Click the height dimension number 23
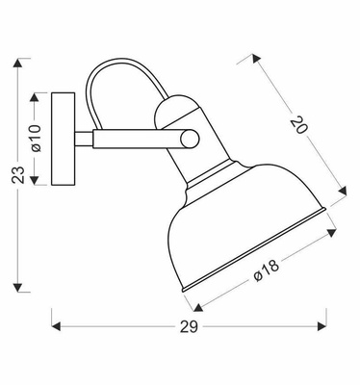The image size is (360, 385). click(15, 176)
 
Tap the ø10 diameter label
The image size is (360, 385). click(36, 139)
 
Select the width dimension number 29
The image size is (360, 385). click(189, 327)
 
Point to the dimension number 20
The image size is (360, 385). click(301, 126)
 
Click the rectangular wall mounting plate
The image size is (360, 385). click(63, 139)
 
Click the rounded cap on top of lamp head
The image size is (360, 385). click(176, 114)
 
